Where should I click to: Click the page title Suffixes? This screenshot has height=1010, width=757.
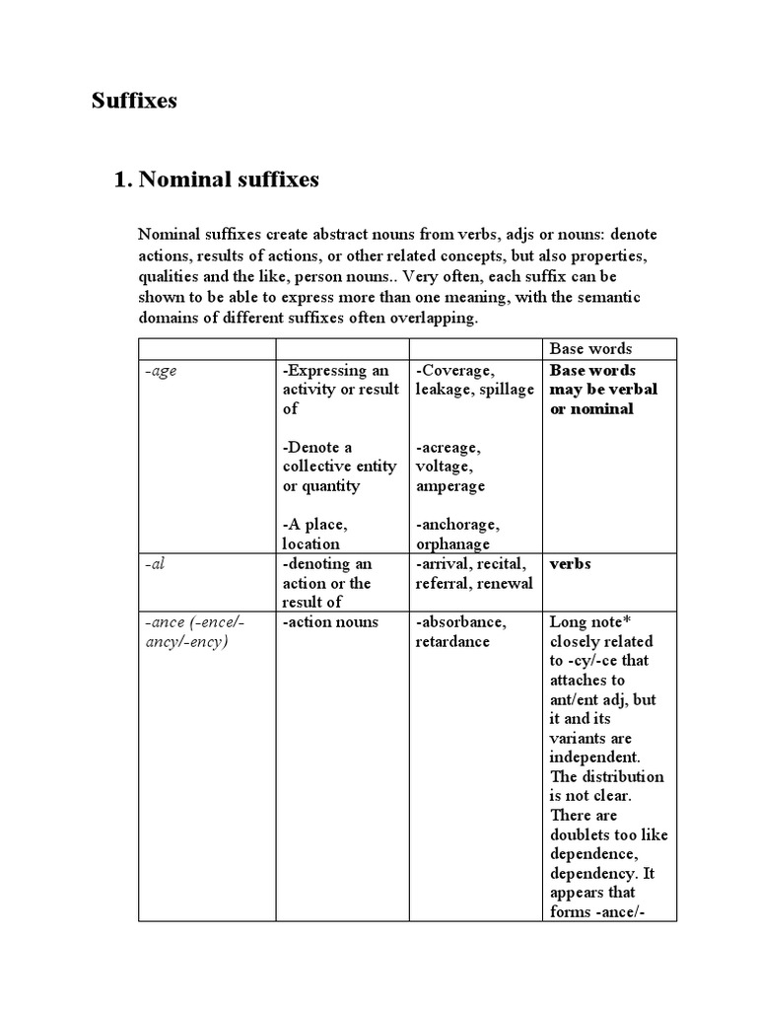click(134, 101)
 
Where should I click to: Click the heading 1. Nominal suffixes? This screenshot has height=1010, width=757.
click(217, 180)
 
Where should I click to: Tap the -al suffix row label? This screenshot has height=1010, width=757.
click(153, 564)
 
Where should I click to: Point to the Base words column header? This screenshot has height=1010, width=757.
click(590, 348)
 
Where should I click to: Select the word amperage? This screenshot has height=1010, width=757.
click(449, 486)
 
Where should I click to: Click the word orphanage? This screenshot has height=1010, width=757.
click(453, 543)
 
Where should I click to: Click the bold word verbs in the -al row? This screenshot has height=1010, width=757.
click(570, 564)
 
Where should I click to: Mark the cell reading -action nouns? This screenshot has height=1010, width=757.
click(330, 622)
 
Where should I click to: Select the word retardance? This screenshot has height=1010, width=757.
click(452, 642)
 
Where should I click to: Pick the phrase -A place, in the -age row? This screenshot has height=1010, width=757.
click(314, 525)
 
